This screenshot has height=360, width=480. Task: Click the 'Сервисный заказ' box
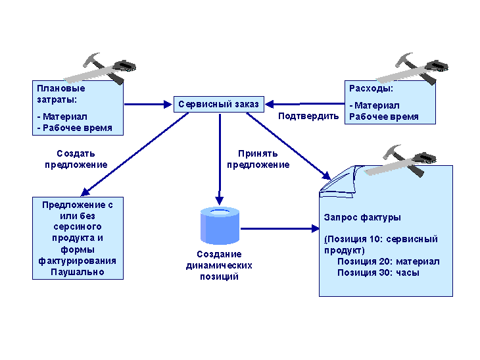pyautogui.click(x=218, y=104)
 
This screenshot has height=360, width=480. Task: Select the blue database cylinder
pyautogui.click(x=220, y=226)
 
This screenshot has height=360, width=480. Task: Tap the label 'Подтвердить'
pyautogui.click(x=308, y=116)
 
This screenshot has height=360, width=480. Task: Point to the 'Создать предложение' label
pyautogui.click(x=76, y=159)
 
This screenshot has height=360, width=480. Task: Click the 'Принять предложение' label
pyautogui.click(x=258, y=159)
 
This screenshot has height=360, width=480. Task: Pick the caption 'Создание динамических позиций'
pyautogui.click(x=219, y=265)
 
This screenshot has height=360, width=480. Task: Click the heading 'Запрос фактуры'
pyautogui.click(x=362, y=218)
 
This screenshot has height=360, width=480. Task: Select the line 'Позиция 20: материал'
pyautogui.click(x=388, y=261)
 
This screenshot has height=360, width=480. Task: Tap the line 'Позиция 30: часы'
pyautogui.click(x=378, y=272)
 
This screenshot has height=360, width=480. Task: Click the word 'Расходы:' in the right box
pyautogui.click(x=371, y=89)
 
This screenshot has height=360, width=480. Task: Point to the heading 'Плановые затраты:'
pyautogui.click(x=61, y=94)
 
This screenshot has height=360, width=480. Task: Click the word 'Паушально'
pyautogui.click(x=78, y=272)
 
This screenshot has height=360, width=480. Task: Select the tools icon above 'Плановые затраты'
pyautogui.click(x=99, y=68)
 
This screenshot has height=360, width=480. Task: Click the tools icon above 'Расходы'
pyautogui.click(x=412, y=68)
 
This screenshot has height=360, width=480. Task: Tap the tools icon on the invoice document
pyautogui.click(x=400, y=161)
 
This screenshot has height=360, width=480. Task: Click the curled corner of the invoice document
pyautogui.click(x=338, y=182)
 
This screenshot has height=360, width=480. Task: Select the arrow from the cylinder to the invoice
pyautogui.click(x=280, y=228)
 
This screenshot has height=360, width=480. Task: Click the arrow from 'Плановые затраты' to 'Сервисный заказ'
pyautogui.click(x=148, y=105)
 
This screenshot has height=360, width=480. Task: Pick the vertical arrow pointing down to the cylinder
pyautogui.click(x=220, y=159)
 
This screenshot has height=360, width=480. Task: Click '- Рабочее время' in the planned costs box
pyautogui.click(x=74, y=128)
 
